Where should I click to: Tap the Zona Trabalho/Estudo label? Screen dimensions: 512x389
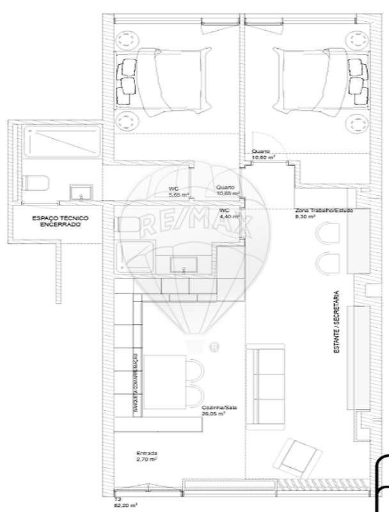coord(323,214)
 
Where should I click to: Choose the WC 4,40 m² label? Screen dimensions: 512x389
coord(228,213)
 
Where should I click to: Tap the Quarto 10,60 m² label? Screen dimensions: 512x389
coord(264,154)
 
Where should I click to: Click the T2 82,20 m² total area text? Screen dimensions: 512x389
coord(122,503)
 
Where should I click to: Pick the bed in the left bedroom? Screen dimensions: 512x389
coord(163,83)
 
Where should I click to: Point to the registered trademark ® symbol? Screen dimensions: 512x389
coord(214,348)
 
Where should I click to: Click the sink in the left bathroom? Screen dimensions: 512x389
coord(81,193)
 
